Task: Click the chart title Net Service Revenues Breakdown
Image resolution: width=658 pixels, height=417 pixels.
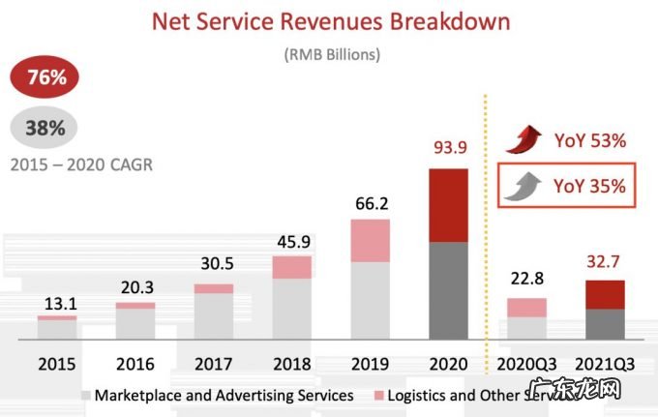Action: [x=329, y=20]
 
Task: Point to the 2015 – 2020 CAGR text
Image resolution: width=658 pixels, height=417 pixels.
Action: [x=81, y=164]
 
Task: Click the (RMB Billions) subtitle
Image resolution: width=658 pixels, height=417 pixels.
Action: [x=331, y=54]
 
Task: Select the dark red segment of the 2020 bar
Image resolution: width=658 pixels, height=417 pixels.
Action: [x=448, y=205]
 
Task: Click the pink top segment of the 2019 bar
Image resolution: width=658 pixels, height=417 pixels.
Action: [x=370, y=240]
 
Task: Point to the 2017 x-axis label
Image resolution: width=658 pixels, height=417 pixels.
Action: [x=214, y=365]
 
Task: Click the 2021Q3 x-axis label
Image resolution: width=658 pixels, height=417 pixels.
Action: [x=605, y=365]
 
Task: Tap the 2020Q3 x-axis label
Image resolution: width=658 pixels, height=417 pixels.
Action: [x=527, y=365]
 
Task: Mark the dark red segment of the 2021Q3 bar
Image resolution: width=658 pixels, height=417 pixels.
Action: [x=605, y=295]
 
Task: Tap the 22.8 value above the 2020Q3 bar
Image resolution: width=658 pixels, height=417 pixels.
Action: [x=527, y=280]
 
